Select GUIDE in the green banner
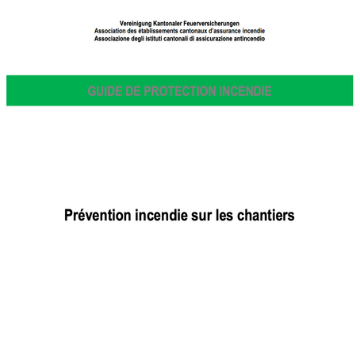(x=105, y=91)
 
